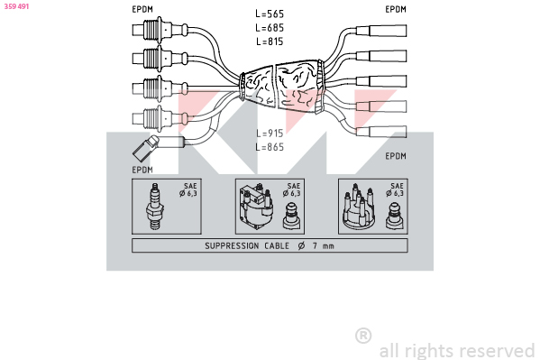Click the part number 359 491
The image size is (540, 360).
[16, 6]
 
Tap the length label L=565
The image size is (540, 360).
[270, 14]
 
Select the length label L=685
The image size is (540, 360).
[270, 28]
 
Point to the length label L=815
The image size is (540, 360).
[270, 42]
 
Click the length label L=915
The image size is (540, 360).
[270, 134]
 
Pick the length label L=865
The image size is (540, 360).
[270, 147]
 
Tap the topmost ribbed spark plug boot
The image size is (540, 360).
[160, 30]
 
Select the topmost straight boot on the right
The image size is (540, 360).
[381, 31]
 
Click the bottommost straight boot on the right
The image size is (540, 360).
[381, 132]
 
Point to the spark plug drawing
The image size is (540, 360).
[155, 207]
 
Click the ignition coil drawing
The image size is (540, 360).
[257, 207]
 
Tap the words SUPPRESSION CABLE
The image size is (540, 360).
[247, 245]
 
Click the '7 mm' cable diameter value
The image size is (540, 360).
[323, 245]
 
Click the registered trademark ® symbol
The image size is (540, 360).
[363, 336]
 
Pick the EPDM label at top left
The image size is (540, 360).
[142, 9]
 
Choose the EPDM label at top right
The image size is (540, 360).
[396, 9]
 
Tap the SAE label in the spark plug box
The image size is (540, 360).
[190, 186]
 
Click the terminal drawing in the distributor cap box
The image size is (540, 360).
[395, 217]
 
